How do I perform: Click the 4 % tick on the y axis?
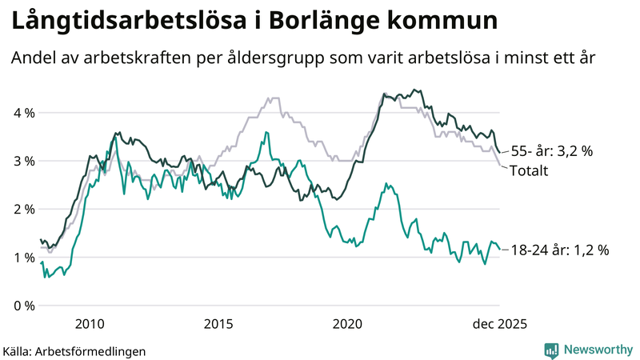pos(23,113)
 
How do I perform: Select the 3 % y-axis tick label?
pos(23,161)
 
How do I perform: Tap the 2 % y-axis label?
pos(23,209)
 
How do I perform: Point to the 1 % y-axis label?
pos(23,257)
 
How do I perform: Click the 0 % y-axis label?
pos(23,306)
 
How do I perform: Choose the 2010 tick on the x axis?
pos(90,324)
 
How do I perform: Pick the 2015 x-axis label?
pos(218,324)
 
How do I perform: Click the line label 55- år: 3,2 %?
pos(552,150)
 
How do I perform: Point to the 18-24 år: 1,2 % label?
pos(560,250)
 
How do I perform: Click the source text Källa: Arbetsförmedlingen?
pos(74,351)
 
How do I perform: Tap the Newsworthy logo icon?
pos(551,350)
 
